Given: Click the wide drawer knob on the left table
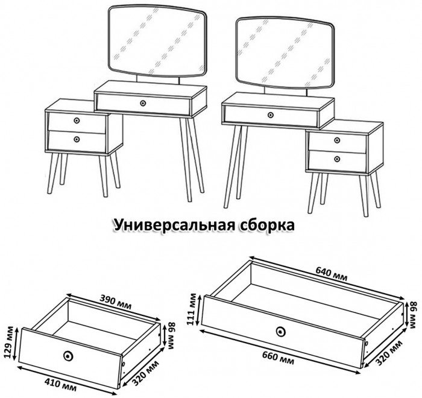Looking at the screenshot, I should pos(143,103).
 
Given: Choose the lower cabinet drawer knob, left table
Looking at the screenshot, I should pos(77,139).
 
